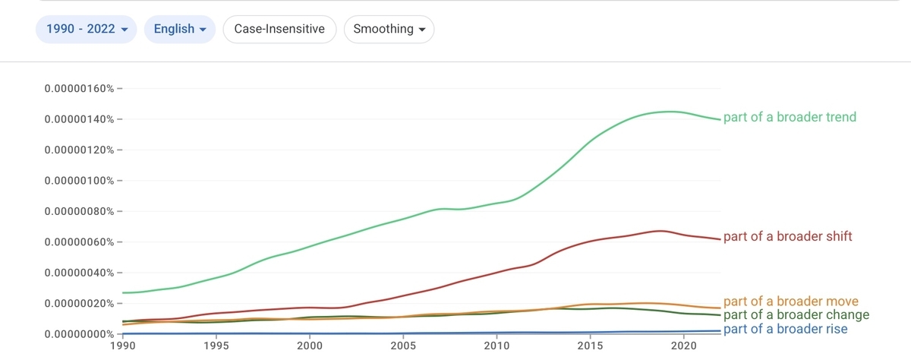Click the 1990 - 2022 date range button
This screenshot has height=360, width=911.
click(87, 30)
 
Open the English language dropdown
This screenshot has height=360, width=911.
click(180, 30)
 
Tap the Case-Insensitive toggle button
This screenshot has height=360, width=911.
click(279, 30)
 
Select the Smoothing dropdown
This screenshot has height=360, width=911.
click(389, 30)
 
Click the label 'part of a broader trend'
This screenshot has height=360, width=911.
click(790, 117)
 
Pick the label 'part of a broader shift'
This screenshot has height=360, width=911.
click(787, 236)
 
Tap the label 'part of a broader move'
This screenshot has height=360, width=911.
click(790, 301)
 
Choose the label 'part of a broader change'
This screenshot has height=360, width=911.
click(796, 315)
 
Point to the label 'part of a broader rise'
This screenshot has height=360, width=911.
click(785, 329)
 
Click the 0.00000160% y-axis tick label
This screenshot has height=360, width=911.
click(79, 88)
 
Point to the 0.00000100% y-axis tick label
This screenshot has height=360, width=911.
click(79, 181)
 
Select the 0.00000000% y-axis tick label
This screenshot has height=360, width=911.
click(79, 334)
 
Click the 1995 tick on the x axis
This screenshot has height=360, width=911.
click(216, 346)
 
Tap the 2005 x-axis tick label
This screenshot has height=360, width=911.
click(403, 346)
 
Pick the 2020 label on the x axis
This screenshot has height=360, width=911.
click(684, 346)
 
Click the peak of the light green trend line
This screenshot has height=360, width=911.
click(668, 112)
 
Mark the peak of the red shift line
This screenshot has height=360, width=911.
click(660, 231)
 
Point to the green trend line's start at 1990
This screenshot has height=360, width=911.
click(123, 292)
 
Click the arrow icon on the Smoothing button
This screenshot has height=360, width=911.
click(422, 30)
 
